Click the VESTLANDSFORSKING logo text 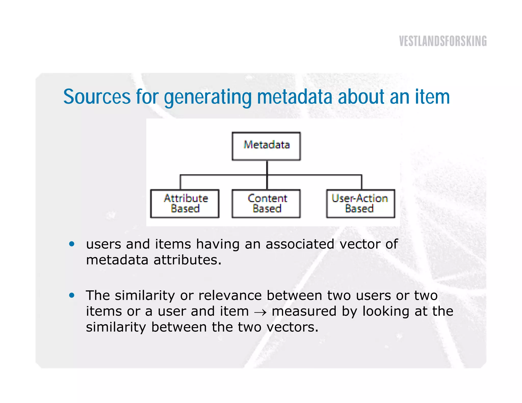pyautogui.click(x=443, y=41)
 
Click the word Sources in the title pyautogui.click(x=97, y=97)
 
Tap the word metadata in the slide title pyautogui.click(x=295, y=97)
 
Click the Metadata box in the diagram pyautogui.click(x=266, y=146)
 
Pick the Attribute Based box pyautogui.click(x=185, y=204)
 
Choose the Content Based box pyautogui.click(x=266, y=204)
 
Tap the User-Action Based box pyautogui.click(x=360, y=204)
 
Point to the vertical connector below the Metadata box pyautogui.click(x=267, y=167)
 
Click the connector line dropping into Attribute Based pyautogui.click(x=180, y=182)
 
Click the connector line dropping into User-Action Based pyautogui.click(x=361, y=182)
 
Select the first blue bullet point pyautogui.click(x=72, y=244)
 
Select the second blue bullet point pyautogui.click(x=72, y=295)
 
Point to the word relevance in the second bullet pyautogui.click(x=230, y=295)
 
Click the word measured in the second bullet pyautogui.click(x=304, y=311)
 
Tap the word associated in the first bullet pyautogui.click(x=300, y=244)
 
